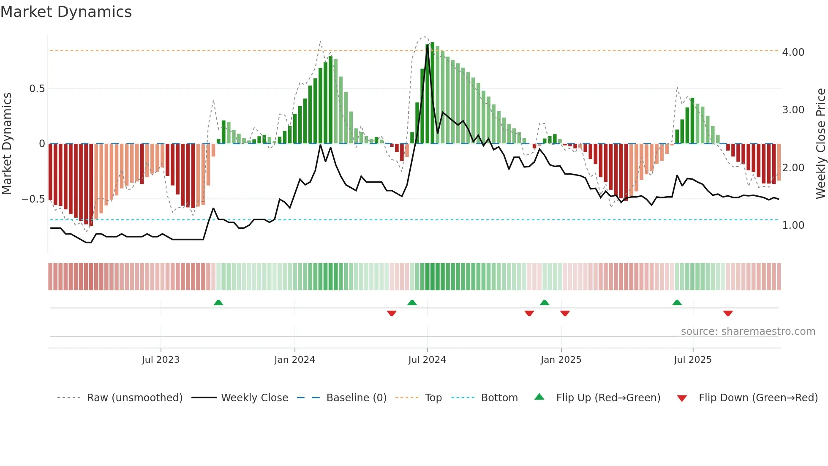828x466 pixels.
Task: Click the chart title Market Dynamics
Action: point(66,12)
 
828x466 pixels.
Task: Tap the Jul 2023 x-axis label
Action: point(161,360)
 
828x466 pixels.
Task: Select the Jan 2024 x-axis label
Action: point(294,360)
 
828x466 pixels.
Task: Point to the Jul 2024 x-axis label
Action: point(427,360)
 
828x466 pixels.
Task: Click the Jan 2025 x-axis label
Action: point(561,360)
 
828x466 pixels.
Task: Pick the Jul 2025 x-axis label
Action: point(693,360)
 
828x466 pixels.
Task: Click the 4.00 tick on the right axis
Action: point(793,52)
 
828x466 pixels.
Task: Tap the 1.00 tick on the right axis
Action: point(793,225)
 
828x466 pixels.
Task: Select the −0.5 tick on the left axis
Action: point(33,199)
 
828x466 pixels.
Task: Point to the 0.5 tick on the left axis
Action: point(37,89)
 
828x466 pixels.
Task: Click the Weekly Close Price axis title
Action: point(820,144)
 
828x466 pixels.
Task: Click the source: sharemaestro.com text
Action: point(748,332)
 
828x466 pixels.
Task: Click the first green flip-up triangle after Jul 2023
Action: point(218,303)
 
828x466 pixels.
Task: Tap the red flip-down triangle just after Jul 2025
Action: point(728,313)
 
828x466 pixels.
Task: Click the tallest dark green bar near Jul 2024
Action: point(432,93)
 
